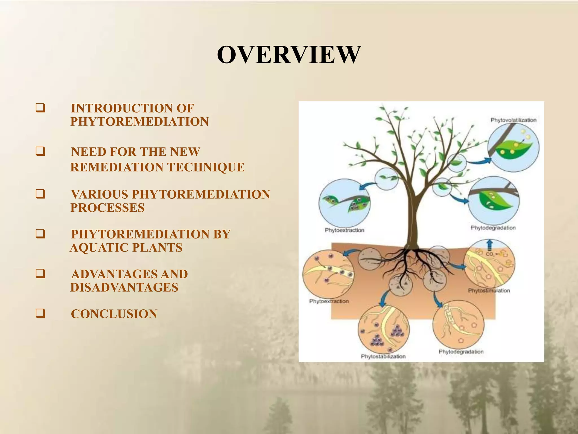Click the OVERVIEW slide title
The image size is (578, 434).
pyautogui.click(x=288, y=55)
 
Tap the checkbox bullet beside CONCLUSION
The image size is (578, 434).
pyautogui.click(x=40, y=313)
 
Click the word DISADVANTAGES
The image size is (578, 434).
pyautogui.click(x=124, y=288)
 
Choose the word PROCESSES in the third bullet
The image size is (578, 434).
pyautogui.click(x=107, y=208)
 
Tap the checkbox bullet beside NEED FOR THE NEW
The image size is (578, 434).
pyautogui.click(x=40, y=151)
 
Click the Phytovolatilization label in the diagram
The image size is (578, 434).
pyautogui.click(x=513, y=120)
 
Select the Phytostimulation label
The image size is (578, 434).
pyautogui.click(x=489, y=290)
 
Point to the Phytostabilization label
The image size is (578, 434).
pyautogui.click(x=383, y=357)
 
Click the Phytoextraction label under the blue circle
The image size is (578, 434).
pyautogui.click(x=344, y=230)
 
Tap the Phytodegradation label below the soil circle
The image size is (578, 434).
pyautogui.click(x=461, y=352)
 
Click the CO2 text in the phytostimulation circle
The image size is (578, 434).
pyautogui.click(x=490, y=254)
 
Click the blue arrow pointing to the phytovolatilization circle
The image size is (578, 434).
pyautogui.click(x=479, y=161)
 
